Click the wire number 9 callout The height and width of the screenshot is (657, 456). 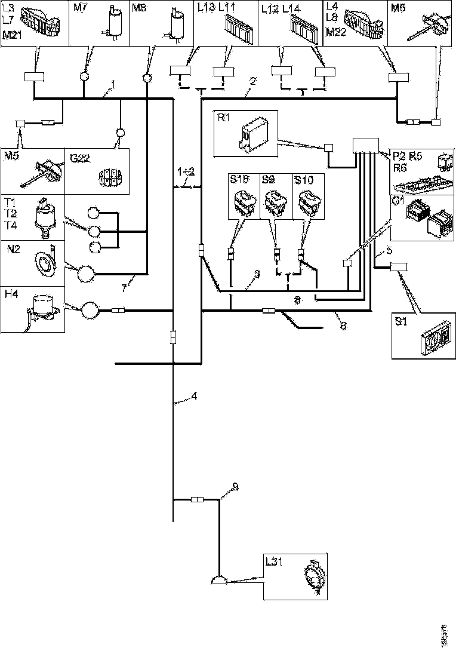tap(235, 487)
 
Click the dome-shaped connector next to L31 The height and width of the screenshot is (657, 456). tap(220, 580)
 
